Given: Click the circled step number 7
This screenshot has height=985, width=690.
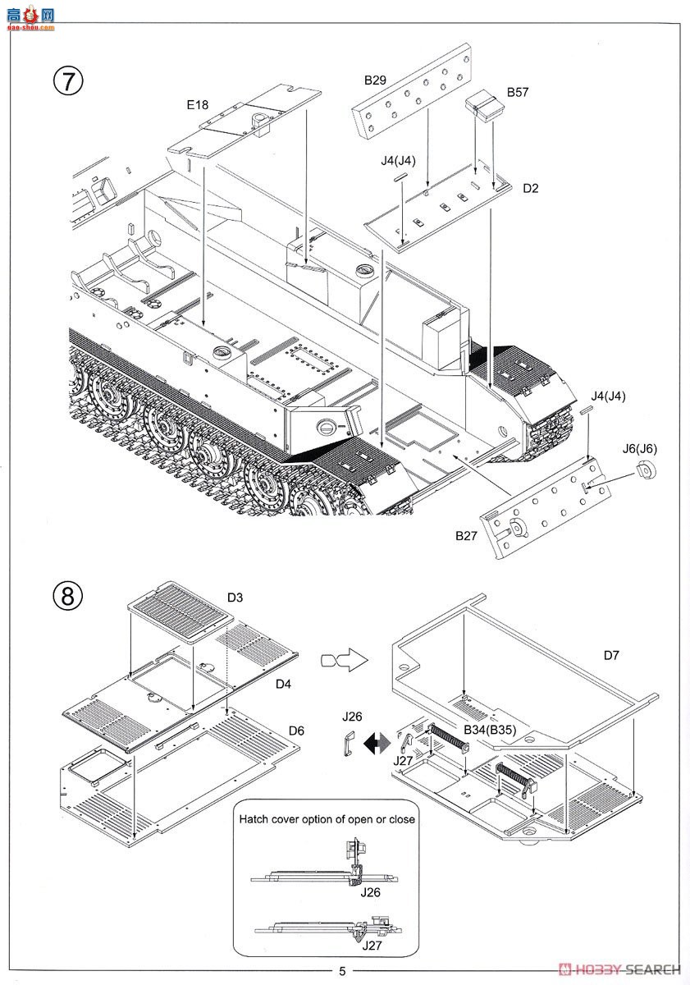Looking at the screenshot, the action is [x=67, y=80].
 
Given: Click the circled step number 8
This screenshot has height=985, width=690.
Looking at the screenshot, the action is [x=67, y=596].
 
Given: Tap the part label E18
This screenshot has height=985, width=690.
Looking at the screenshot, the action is [x=198, y=105].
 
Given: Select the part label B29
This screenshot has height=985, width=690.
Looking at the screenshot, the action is [x=375, y=80].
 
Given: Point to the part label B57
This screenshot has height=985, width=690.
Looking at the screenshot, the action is [x=517, y=92].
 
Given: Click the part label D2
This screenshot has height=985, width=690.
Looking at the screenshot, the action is [x=531, y=188].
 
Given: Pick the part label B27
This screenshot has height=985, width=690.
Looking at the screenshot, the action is [x=466, y=535].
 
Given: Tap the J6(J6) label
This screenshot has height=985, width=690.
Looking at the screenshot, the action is [x=639, y=448].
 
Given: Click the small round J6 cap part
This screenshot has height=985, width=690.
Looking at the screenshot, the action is [x=645, y=470].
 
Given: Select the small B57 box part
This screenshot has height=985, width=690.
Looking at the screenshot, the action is [x=484, y=105].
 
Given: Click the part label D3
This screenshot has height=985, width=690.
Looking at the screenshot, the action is [x=235, y=598].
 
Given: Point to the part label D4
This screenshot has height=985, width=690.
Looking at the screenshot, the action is [x=283, y=684].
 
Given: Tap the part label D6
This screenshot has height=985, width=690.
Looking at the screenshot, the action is [x=296, y=731].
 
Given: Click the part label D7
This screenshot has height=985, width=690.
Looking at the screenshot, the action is [x=611, y=655].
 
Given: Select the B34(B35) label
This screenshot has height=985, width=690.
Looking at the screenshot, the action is [x=490, y=730].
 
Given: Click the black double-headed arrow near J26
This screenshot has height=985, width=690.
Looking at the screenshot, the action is [x=377, y=744].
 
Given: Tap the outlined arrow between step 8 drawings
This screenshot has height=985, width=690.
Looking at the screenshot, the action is [x=344, y=660].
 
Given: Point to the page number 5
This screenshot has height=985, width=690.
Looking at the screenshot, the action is [x=342, y=971].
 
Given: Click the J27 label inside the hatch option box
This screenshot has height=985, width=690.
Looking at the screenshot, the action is [x=372, y=946].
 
